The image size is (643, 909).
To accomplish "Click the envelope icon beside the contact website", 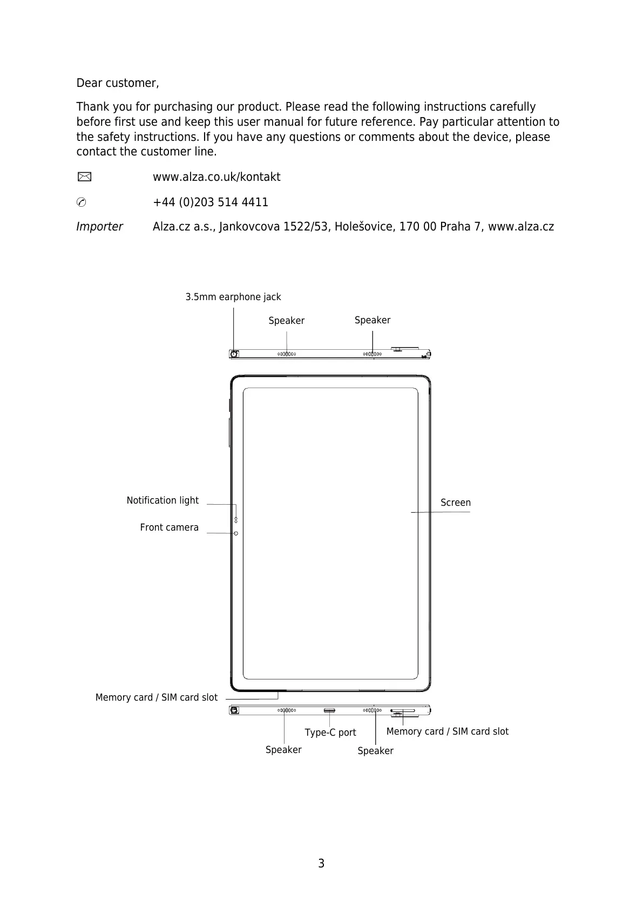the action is click(x=84, y=177).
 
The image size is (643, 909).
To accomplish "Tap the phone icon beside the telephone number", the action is click(x=81, y=202).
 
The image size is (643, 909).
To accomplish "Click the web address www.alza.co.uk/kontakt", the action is click(x=216, y=177).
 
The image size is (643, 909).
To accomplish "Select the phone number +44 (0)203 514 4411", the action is click(x=210, y=202).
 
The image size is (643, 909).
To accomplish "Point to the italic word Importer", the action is click(x=99, y=227).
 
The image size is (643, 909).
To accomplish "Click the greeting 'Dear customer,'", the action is click(x=117, y=83).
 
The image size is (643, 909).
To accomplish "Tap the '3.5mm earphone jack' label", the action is click(x=233, y=297).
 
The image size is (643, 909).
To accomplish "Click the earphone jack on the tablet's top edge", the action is click(x=234, y=354).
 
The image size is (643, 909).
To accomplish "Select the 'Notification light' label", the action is click(x=163, y=500).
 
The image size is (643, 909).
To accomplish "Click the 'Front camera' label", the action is click(x=169, y=527).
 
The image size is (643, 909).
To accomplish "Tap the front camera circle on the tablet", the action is click(x=236, y=533).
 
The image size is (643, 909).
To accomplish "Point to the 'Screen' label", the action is click(x=455, y=503).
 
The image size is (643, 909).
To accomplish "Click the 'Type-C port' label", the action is click(x=330, y=732).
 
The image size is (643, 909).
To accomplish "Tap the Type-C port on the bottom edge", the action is click(x=329, y=710).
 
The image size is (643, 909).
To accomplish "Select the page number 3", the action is click(x=321, y=864).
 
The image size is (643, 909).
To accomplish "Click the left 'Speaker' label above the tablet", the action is click(x=286, y=321).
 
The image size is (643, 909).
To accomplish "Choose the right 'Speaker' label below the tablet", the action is click(x=375, y=751).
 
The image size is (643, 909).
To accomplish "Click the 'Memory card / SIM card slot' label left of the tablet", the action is click(x=156, y=697).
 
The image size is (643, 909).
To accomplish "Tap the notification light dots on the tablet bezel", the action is click(x=236, y=520).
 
